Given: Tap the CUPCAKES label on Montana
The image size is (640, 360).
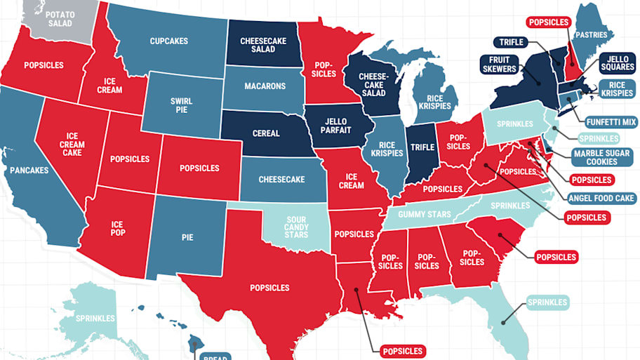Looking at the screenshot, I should pos(168,41).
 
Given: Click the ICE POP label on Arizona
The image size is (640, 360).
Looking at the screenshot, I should pos(117,228).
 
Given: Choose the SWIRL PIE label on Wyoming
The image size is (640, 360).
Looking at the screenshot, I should pos(181,106).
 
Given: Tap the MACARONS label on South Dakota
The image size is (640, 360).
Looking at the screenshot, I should pos(265,86).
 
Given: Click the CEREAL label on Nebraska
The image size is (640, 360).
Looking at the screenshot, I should pos(265,133).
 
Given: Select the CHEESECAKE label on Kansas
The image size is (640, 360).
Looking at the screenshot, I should pos(281,180).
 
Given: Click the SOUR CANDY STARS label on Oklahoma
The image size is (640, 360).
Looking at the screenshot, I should pos(296,227).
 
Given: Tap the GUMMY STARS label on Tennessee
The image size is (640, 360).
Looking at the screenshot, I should pos(425,214).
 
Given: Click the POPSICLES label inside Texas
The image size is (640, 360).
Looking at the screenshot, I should pos(269,288).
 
